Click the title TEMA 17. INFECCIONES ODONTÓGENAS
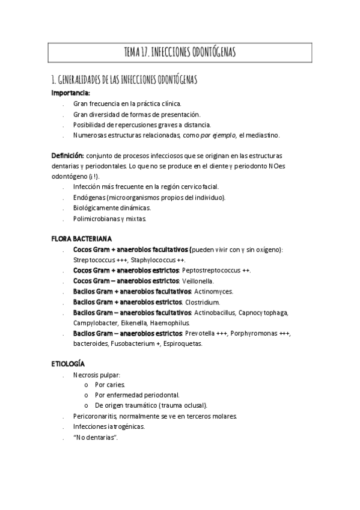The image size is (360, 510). (x=180, y=53)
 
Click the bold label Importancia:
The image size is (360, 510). (x=70, y=93)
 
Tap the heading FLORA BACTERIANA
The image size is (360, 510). (x=81, y=239)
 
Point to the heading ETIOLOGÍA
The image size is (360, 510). (x=68, y=364)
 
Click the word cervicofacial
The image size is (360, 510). (x=201, y=187)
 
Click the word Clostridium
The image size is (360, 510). (x=202, y=302)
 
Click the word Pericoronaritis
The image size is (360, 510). (x=93, y=416)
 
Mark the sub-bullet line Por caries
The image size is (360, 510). (x=110, y=385)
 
